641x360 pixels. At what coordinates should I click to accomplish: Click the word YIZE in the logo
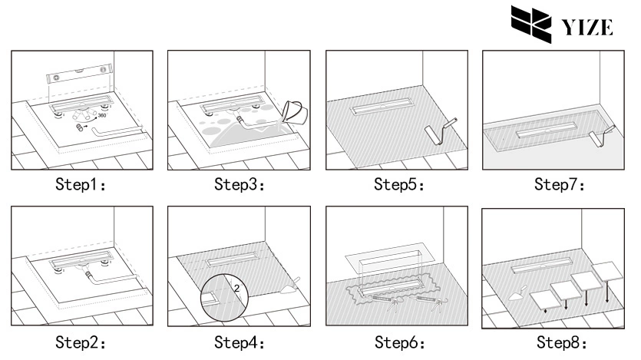[587, 28]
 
